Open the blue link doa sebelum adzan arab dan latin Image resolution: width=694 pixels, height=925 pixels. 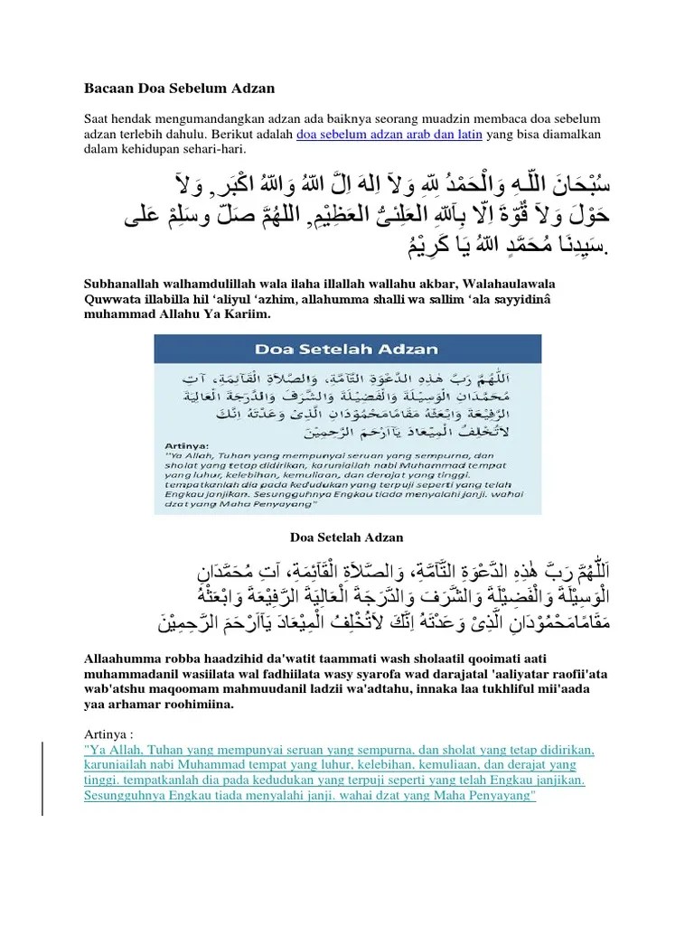[390, 135]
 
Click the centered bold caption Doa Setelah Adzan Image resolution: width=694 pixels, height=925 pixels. [345, 537]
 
